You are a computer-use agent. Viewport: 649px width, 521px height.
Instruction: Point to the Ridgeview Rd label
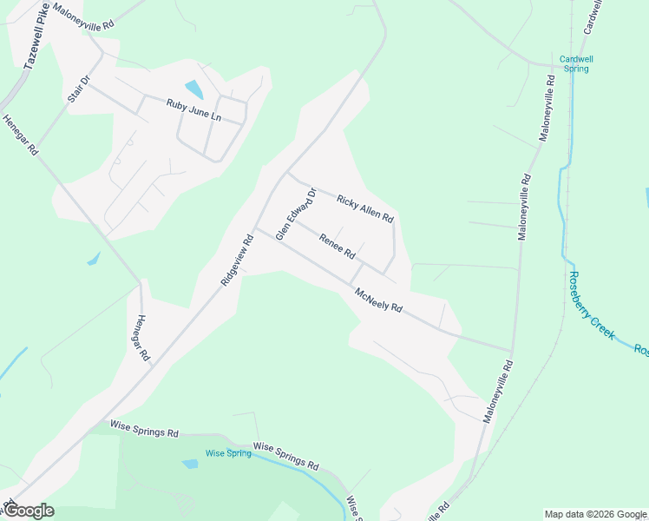(x=235, y=258)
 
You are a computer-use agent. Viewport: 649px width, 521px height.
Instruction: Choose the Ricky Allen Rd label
(x=365, y=208)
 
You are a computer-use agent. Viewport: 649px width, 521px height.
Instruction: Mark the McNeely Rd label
(x=379, y=300)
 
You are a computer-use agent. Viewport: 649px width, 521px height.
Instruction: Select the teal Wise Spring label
(x=226, y=453)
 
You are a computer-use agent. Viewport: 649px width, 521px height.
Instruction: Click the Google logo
(x=28, y=511)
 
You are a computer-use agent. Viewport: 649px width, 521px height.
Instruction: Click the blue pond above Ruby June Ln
(x=193, y=89)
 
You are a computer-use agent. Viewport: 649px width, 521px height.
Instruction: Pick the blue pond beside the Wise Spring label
(x=190, y=464)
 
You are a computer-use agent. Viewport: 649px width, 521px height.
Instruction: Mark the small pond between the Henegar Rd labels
(x=94, y=258)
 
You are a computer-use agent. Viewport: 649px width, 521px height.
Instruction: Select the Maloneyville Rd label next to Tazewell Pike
(x=82, y=16)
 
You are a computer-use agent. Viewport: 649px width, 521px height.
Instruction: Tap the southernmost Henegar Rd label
(x=144, y=337)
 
